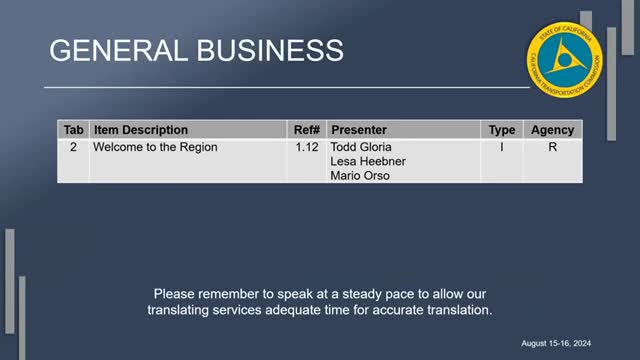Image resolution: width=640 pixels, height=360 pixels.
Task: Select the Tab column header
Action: [x=74, y=130]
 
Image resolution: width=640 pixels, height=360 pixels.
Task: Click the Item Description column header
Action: [x=140, y=130]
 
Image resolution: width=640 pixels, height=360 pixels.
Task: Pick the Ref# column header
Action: [x=306, y=130]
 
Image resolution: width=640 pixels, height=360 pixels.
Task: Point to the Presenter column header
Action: [x=359, y=130]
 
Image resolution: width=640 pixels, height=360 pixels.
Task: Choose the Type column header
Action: [x=501, y=130]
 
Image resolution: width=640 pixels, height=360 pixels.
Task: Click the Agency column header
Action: [x=552, y=130]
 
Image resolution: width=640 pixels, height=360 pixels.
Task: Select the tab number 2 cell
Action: [x=73, y=147]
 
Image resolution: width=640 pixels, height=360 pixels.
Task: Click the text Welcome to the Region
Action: [x=155, y=147]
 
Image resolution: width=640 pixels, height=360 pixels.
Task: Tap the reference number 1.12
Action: [x=306, y=147]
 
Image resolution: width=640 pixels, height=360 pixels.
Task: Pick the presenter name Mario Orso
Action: [x=361, y=176]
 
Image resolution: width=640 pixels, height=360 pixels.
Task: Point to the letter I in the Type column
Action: [x=501, y=147]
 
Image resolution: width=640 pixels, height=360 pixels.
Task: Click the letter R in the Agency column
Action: [x=552, y=147]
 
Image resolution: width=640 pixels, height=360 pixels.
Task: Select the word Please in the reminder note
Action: [x=173, y=294]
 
